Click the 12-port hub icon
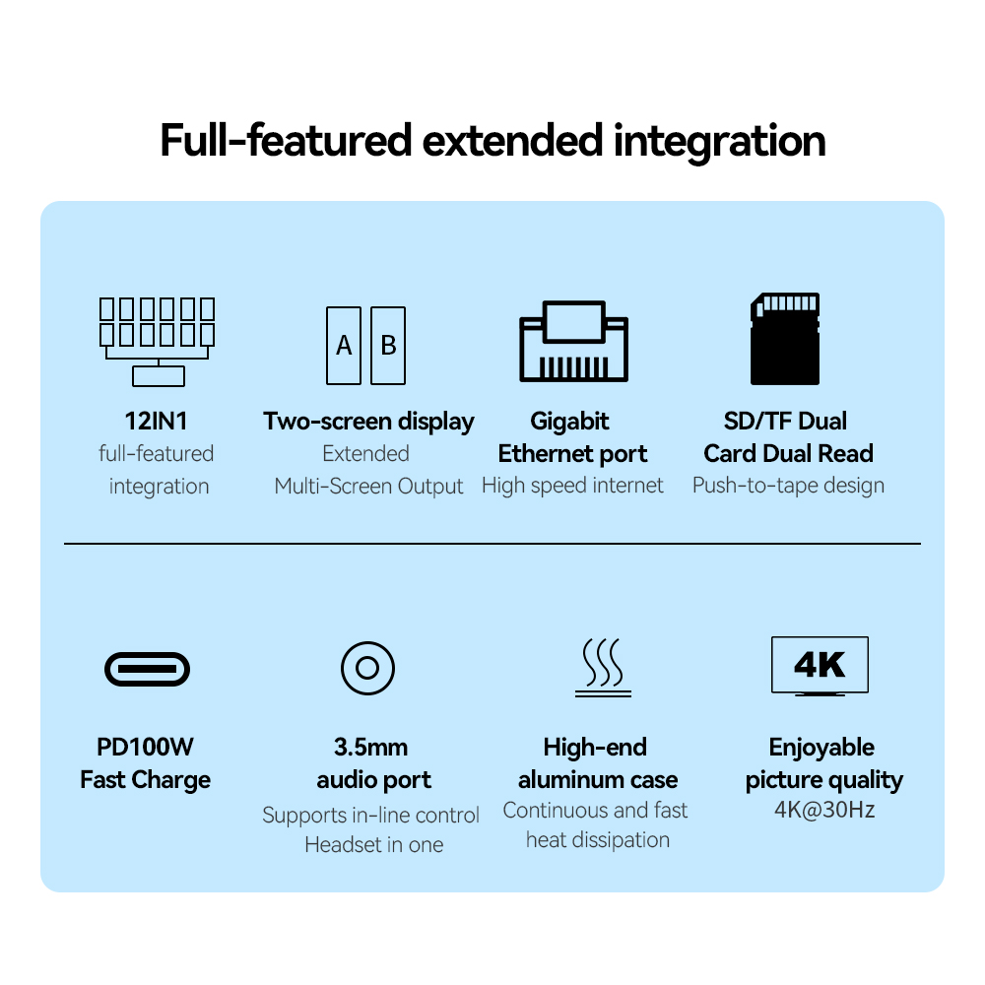coord(158,341)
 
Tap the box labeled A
coord(344,346)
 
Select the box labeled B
coord(388,346)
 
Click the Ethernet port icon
coord(573,341)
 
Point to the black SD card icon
coord(784,339)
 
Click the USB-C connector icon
coord(147,670)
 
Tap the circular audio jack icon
coord(367,669)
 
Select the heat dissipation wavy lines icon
coord(603,669)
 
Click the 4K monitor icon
coord(820,666)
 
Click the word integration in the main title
coord(720,141)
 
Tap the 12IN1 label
coord(157,422)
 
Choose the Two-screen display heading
coord(368,422)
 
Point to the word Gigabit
coord(569,422)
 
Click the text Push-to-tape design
coord(788,486)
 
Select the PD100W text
coord(145,748)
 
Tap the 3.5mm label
coord(370,748)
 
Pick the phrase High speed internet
coord(572,486)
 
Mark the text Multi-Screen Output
coord(368,487)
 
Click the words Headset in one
coord(373,845)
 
